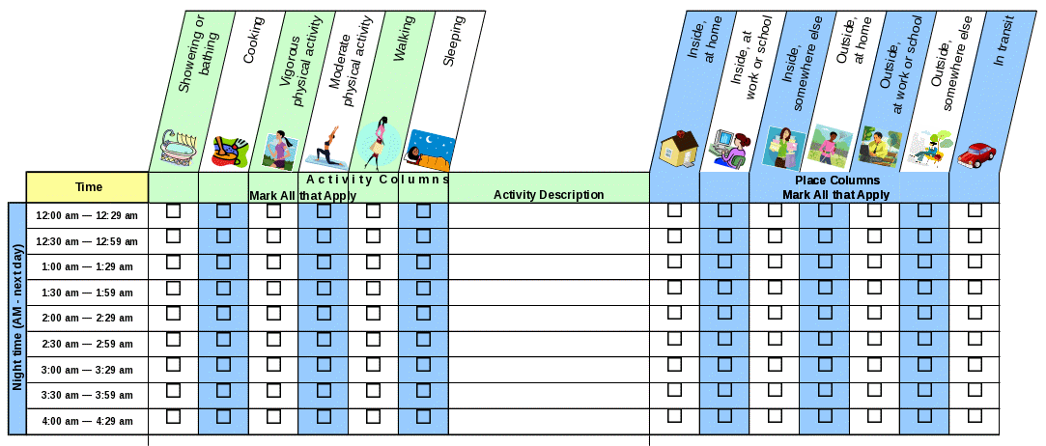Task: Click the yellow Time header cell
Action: (88, 186)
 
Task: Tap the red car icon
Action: (976, 153)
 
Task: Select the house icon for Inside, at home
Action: (678, 148)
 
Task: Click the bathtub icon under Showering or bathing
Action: (179, 148)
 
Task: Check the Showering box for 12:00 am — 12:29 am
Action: (174, 210)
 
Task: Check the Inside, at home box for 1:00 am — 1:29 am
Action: (674, 262)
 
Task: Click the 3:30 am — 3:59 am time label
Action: (87, 395)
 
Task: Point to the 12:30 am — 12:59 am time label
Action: (87, 240)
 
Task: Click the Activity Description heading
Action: (549, 195)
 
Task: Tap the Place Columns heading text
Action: (836, 181)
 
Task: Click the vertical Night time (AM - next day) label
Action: (17, 319)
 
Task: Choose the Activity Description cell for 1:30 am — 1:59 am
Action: (549, 292)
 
